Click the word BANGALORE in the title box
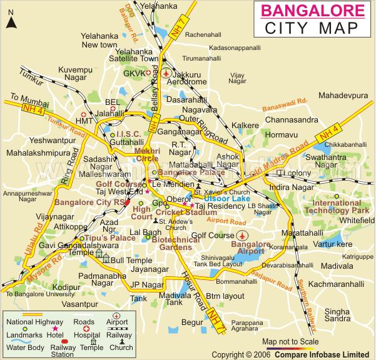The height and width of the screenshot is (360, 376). [312, 10]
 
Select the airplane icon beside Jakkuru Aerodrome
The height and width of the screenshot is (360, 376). [165, 73]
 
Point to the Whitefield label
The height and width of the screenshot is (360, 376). [340, 221]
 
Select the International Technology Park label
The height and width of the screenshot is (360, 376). [342, 207]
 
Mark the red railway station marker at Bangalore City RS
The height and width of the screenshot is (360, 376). [127, 202]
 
